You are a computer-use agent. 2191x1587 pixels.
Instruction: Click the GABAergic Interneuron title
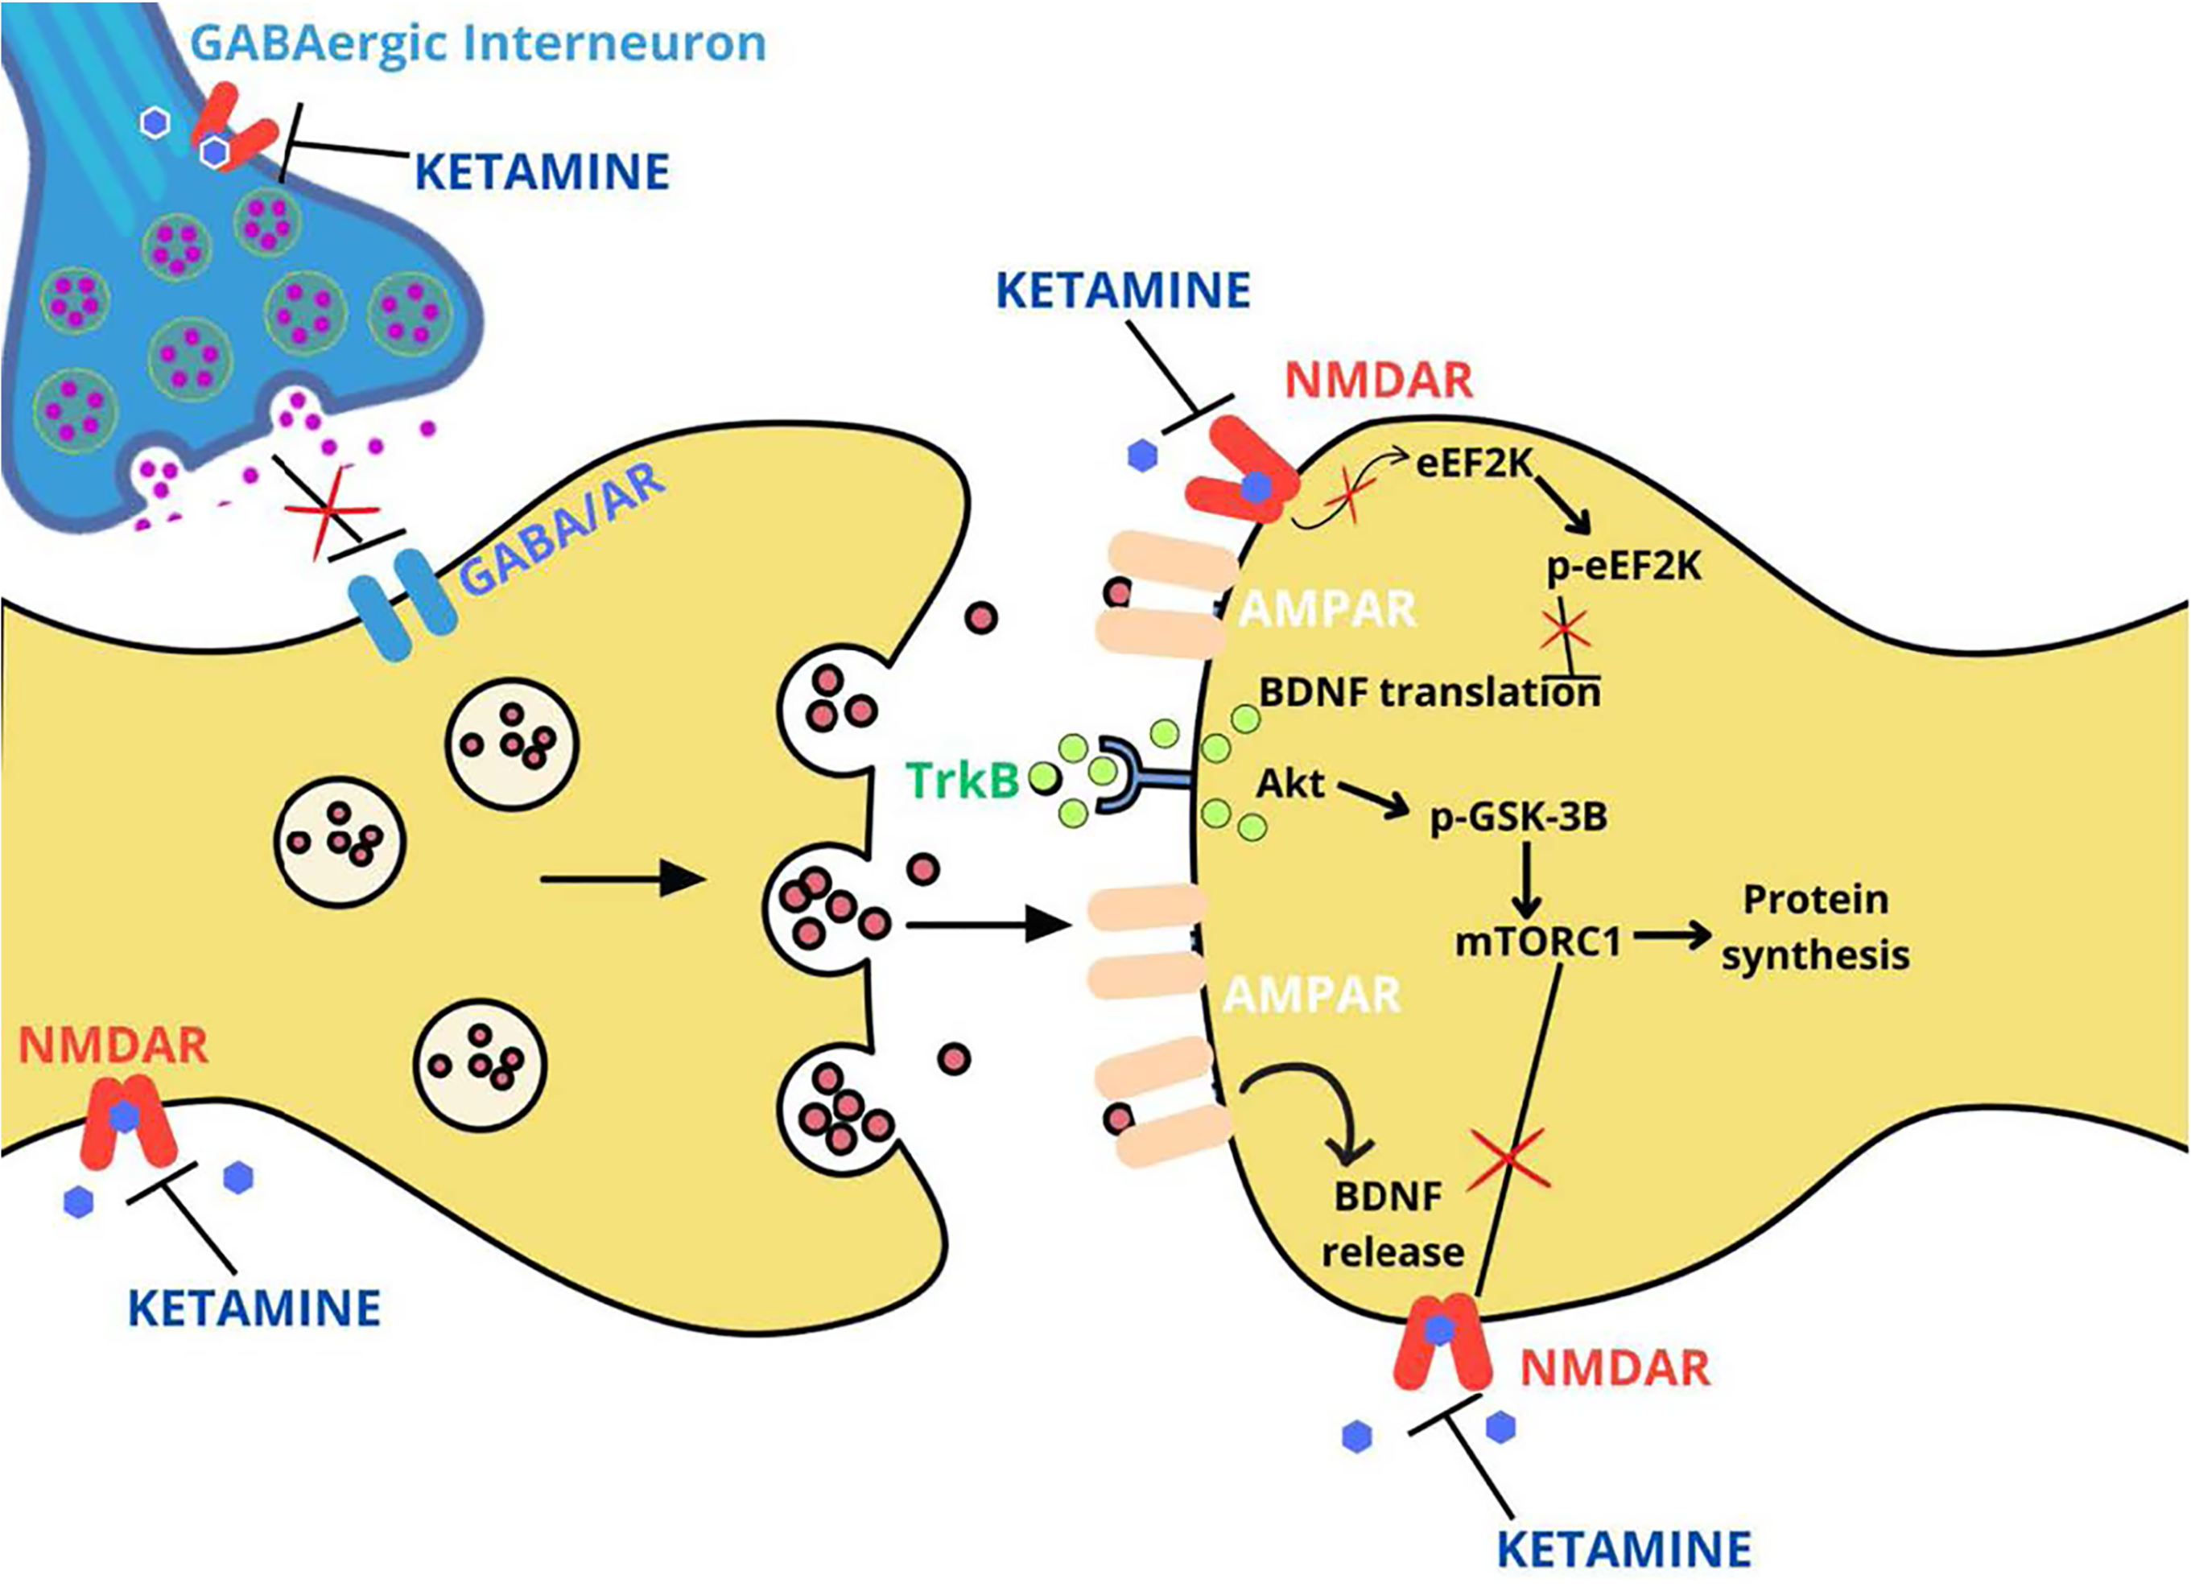click(x=478, y=43)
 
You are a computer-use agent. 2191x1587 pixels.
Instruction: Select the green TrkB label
click(x=962, y=781)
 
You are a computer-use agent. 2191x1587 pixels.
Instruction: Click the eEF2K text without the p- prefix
click(x=1474, y=464)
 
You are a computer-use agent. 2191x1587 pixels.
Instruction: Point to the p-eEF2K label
click(x=1623, y=566)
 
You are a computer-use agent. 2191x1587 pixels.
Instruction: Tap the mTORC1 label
click(x=1537, y=942)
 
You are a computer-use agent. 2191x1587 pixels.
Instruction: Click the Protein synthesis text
click(x=1815, y=927)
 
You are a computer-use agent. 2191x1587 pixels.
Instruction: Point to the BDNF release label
click(x=1392, y=1224)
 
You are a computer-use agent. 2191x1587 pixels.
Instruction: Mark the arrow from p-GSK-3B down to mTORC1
click(x=1525, y=881)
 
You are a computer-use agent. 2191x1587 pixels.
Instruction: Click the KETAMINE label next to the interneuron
click(x=541, y=172)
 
